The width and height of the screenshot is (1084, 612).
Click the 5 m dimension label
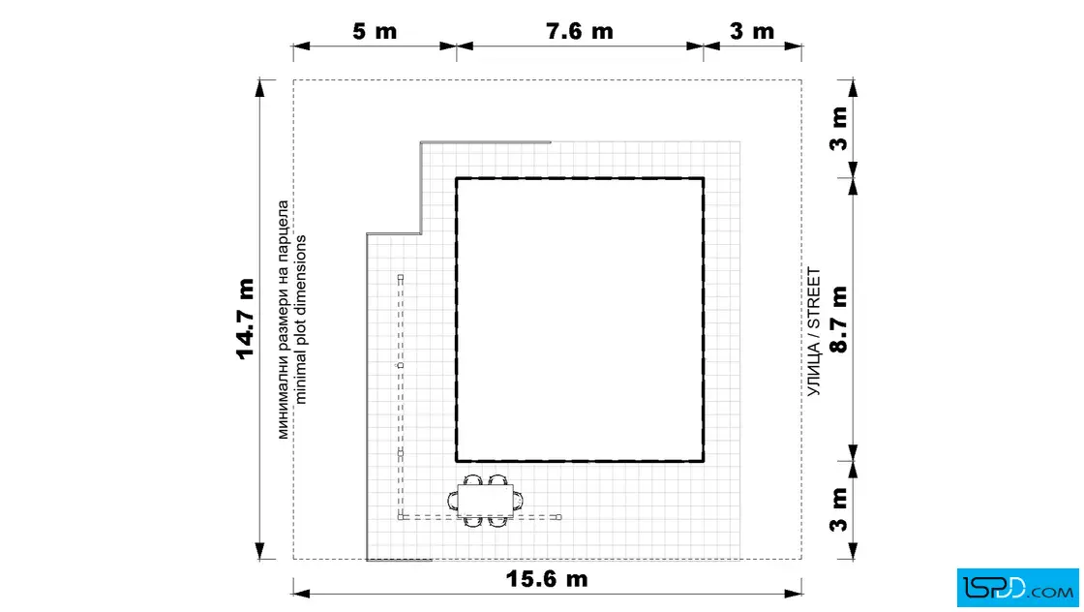375,31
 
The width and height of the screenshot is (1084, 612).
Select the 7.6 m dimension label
580,31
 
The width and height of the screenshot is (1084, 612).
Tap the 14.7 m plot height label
246,319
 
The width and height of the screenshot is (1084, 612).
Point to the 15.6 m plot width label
547,578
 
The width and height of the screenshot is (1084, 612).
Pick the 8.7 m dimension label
838,319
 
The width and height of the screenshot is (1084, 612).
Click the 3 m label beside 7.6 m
752,31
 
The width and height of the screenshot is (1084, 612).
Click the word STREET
814,298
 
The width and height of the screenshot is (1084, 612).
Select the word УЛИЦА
814,369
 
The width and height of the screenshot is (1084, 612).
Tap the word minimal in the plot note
300,380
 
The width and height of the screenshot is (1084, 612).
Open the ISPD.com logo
1017,588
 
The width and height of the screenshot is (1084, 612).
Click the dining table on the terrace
485,501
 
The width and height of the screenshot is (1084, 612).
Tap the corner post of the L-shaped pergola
401,516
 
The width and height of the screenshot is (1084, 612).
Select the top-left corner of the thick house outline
456,178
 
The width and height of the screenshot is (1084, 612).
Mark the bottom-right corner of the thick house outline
704,461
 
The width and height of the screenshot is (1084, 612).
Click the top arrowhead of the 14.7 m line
260,86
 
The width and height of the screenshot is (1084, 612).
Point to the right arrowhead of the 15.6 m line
795,594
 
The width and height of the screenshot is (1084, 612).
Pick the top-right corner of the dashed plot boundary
802,80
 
